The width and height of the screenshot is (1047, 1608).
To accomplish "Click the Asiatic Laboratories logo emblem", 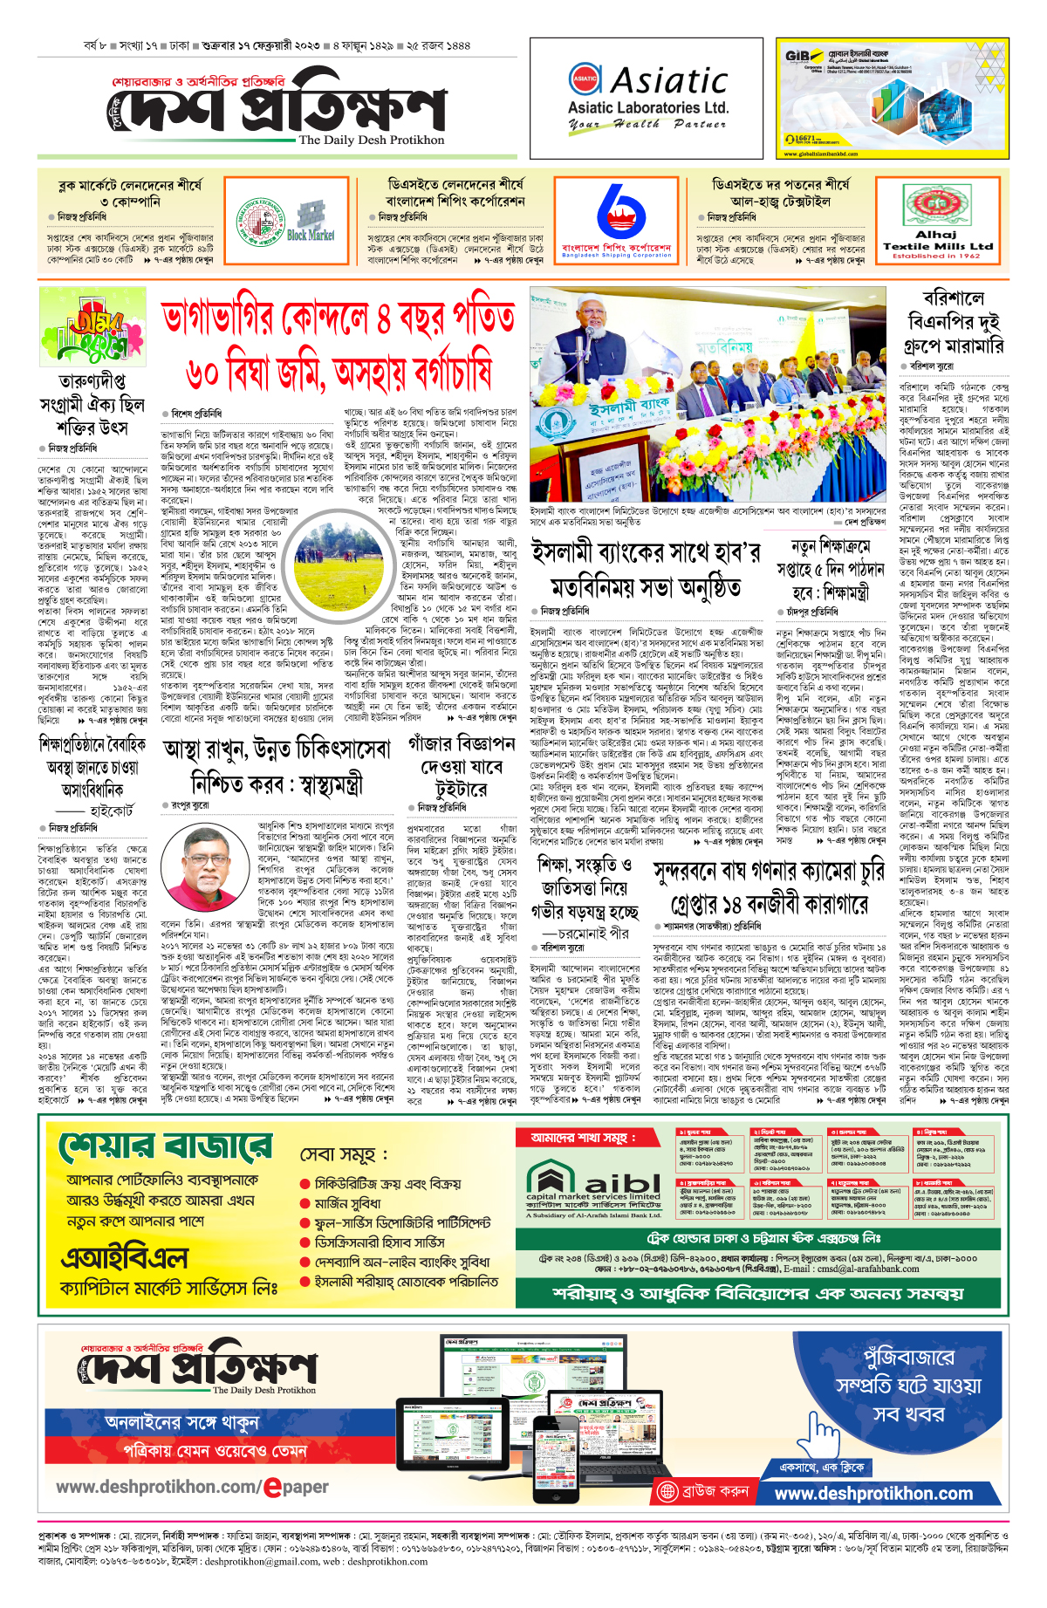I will point(585,79).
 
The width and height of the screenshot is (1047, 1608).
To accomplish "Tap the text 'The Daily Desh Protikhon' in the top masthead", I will point(372,140).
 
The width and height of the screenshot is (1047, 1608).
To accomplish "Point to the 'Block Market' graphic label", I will point(311,235).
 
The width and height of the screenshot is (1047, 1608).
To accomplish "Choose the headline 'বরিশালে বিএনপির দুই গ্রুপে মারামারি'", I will point(955,323).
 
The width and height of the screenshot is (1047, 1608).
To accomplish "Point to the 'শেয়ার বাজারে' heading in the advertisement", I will point(166,1146).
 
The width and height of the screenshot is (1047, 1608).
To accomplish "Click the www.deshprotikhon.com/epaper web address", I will point(192,1487).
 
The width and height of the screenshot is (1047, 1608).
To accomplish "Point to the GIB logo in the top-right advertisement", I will point(797,56).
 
